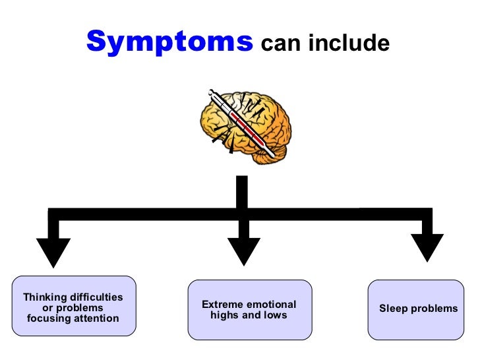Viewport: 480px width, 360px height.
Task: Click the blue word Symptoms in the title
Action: [x=169, y=42]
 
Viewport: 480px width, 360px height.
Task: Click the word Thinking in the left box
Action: [x=45, y=297]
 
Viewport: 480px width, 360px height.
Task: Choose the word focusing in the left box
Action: [x=48, y=318]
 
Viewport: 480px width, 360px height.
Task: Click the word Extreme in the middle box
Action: [x=223, y=305]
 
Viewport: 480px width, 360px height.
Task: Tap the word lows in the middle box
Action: [x=276, y=315]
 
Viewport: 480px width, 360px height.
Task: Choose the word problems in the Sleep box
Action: [x=433, y=309]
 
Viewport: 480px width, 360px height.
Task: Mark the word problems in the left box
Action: [x=82, y=308]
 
